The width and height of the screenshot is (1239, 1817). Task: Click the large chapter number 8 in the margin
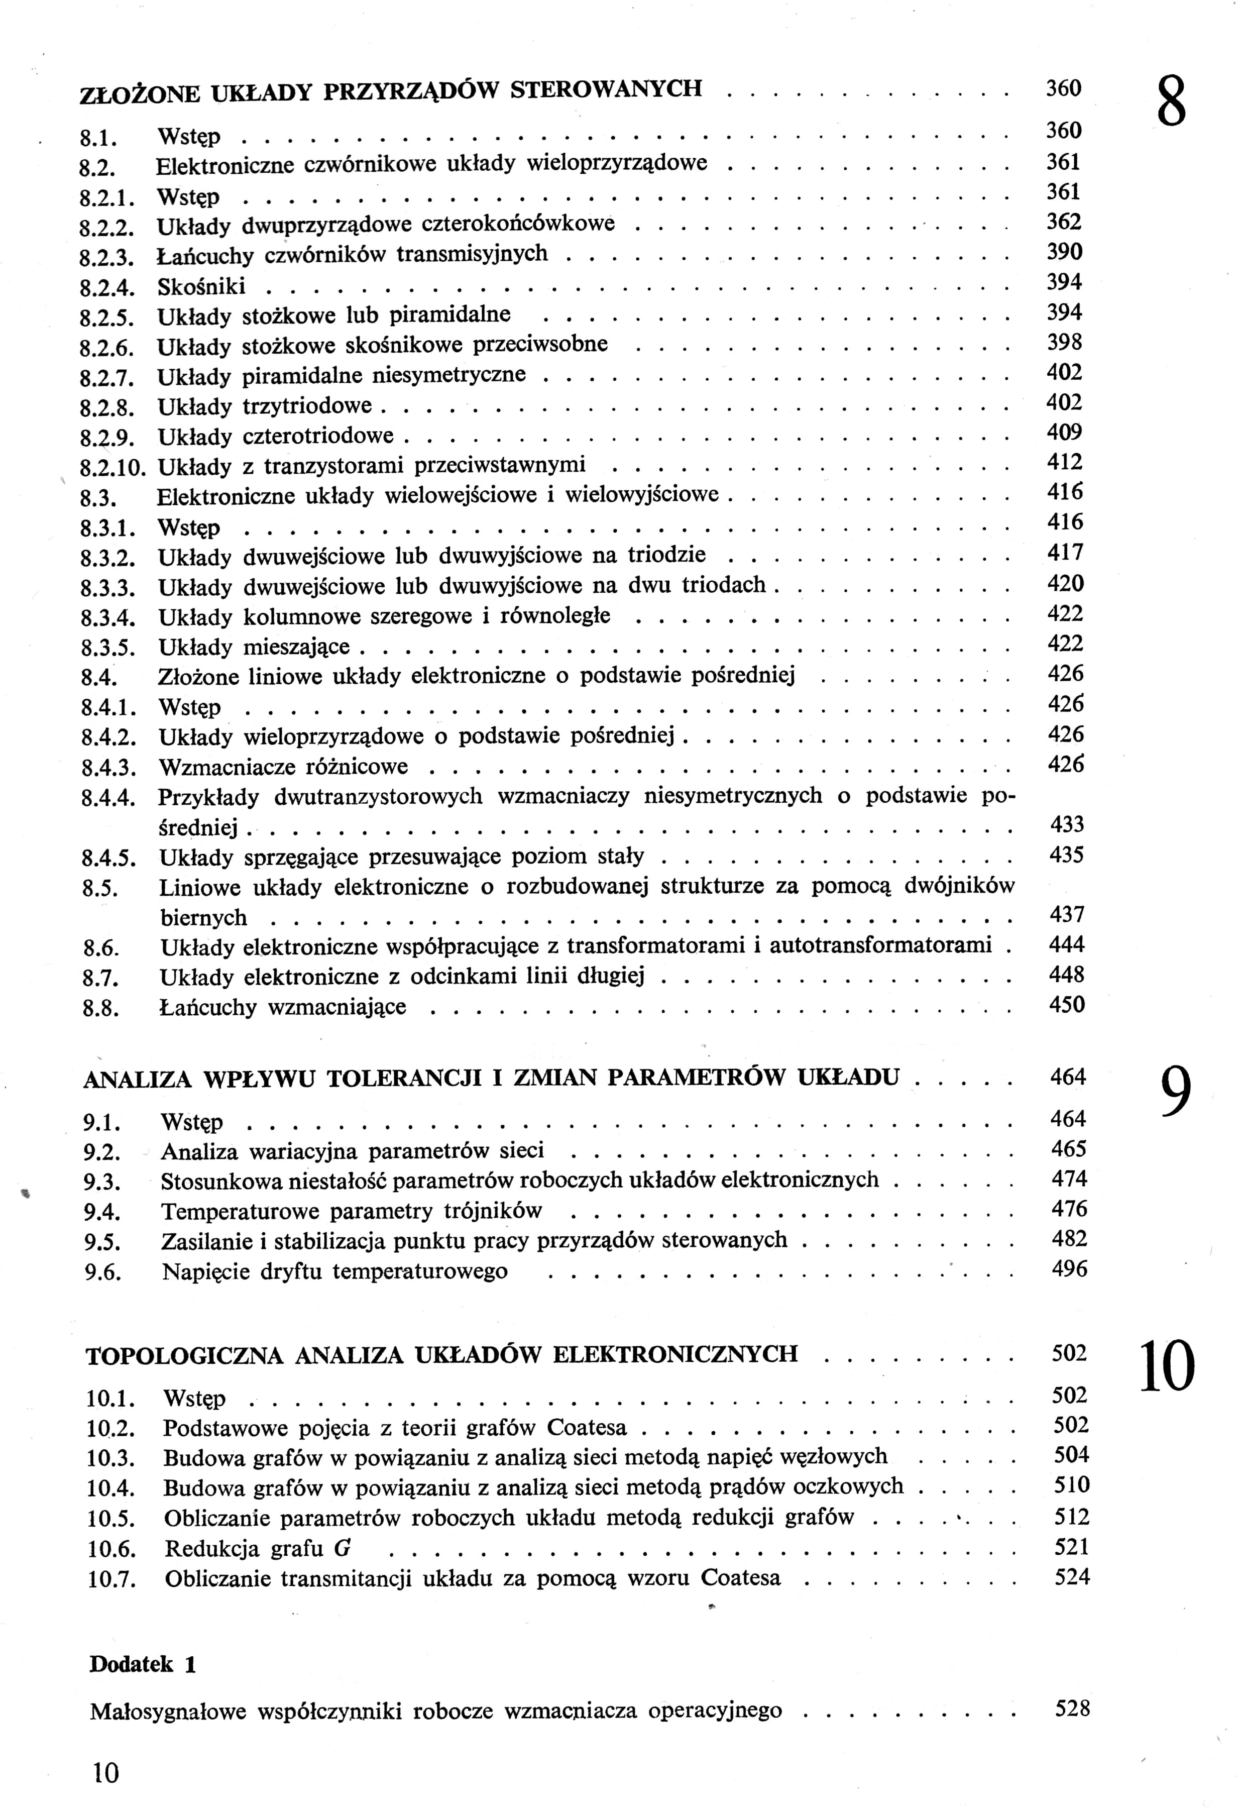1170,100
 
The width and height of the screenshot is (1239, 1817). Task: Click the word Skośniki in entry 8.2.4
202,286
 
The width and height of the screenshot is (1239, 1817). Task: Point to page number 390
1064,252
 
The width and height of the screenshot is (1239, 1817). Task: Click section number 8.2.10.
114,468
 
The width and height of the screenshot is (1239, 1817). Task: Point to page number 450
1067,1005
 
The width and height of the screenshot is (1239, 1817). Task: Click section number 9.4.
101,1213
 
